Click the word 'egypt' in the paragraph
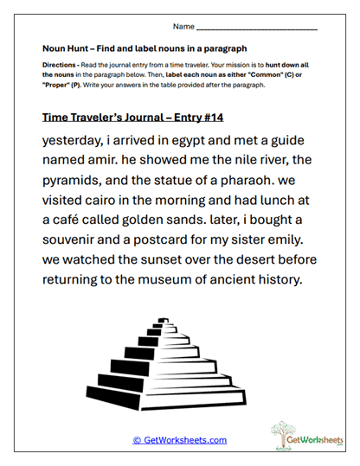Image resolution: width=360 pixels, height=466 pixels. coord(208,141)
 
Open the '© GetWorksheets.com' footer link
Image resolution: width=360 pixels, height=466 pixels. coord(179,440)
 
